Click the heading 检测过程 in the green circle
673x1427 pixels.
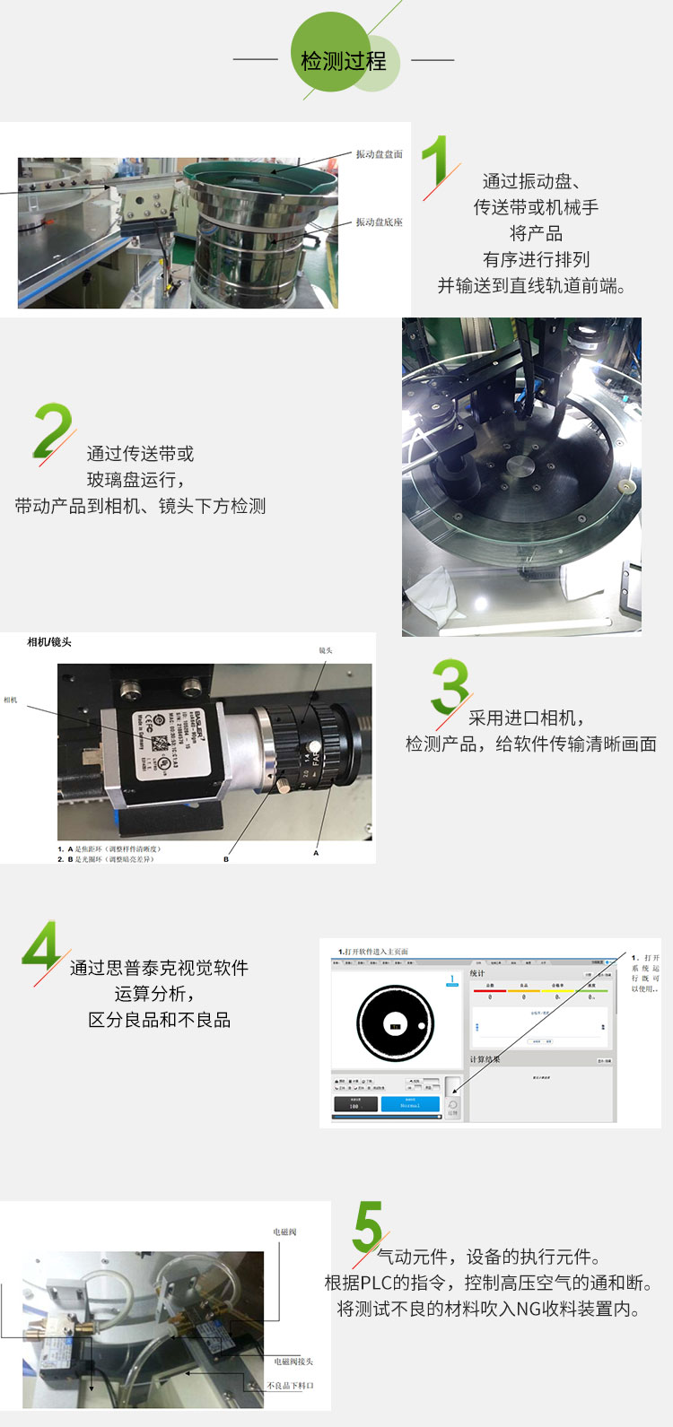click(x=344, y=61)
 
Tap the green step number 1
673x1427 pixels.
click(x=435, y=162)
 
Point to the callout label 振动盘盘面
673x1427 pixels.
click(x=379, y=154)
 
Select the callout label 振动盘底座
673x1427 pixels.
click(x=379, y=222)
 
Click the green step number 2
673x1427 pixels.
click(x=52, y=431)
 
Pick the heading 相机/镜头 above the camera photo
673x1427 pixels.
click(x=49, y=642)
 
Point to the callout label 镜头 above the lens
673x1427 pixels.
click(x=325, y=650)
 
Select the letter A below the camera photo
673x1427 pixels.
click(x=316, y=853)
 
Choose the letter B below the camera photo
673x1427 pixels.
click(x=226, y=859)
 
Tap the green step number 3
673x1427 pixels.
click(x=450, y=686)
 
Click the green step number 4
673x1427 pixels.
click(x=41, y=945)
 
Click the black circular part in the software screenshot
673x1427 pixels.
click(x=396, y=1023)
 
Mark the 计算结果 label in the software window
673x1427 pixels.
click(x=485, y=1059)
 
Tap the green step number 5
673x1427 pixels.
click(x=367, y=1227)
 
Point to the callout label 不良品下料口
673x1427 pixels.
click(x=291, y=1386)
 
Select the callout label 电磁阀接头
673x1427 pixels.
click(x=293, y=1362)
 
